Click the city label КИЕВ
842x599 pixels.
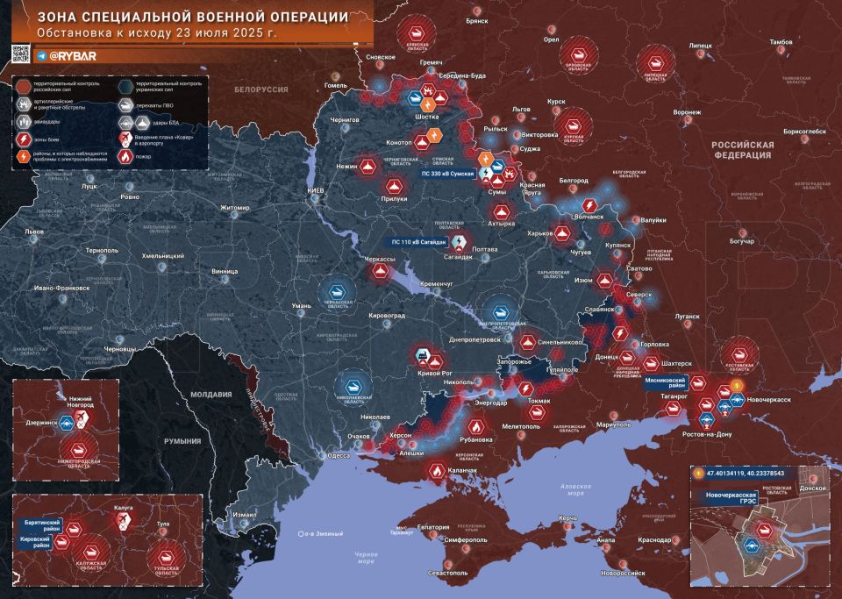click(316, 190)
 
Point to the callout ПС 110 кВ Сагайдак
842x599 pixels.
click(419, 241)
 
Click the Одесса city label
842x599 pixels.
click(339, 455)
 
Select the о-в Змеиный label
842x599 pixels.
click(319, 533)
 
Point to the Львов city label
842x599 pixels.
click(34, 232)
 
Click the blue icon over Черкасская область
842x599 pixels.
click(335, 293)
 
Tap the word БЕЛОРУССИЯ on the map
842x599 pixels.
click(261, 90)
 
